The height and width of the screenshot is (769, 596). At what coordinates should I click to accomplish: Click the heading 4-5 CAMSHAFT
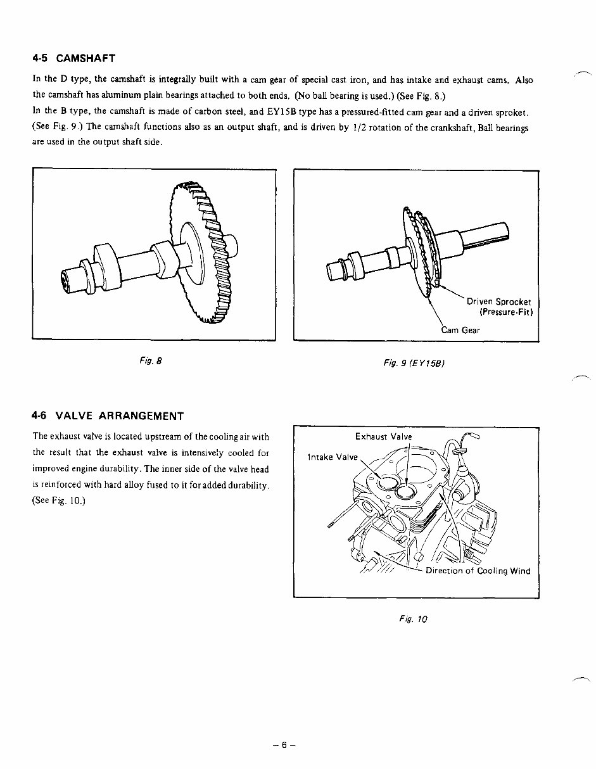(74, 59)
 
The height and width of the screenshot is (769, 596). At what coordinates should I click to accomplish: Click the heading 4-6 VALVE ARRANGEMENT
(108, 416)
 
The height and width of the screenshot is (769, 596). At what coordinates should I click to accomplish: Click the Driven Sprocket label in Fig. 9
(499, 302)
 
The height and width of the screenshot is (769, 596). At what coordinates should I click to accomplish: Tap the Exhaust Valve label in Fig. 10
(383, 436)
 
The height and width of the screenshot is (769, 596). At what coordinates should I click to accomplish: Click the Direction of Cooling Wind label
(478, 571)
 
